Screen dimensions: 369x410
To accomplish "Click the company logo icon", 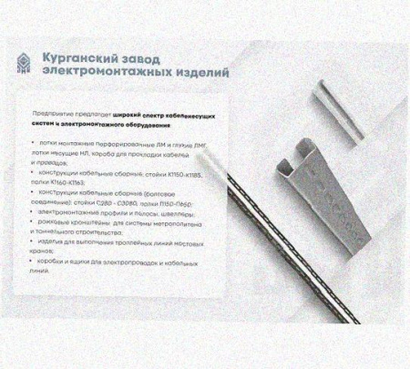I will [22, 60].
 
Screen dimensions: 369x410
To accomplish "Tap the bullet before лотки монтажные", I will [34, 143].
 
